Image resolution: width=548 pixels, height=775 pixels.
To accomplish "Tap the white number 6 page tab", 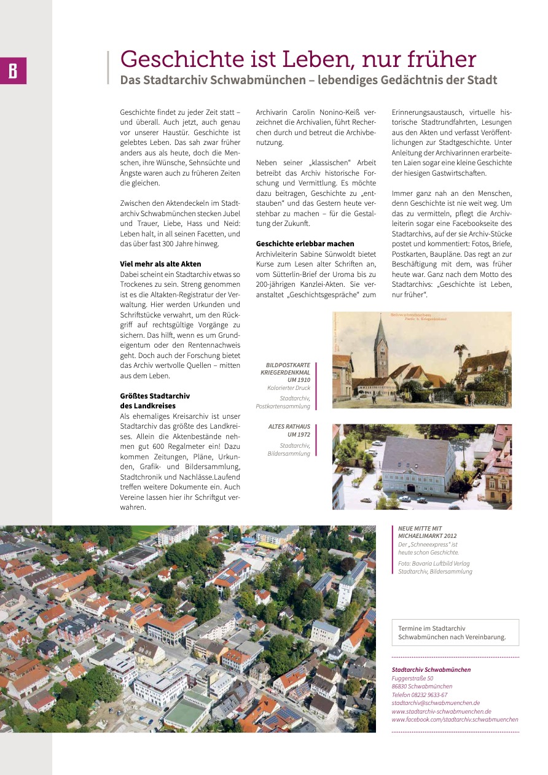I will point(13,71).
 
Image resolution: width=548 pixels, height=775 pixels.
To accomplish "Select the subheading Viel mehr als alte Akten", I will point(160,264).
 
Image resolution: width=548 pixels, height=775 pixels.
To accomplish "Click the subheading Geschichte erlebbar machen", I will point(305,244).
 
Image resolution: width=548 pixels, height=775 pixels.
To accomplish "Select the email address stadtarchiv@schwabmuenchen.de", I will point(436,703).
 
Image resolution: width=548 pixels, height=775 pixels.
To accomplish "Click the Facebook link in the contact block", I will point(455,719).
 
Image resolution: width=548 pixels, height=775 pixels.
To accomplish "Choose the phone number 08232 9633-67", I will point(419,695).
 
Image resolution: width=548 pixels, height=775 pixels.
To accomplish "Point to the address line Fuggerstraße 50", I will point(412,678).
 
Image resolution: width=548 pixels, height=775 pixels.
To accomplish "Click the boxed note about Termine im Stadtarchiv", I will point(455,633).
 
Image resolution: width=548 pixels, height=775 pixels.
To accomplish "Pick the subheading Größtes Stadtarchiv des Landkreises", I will point(155,400).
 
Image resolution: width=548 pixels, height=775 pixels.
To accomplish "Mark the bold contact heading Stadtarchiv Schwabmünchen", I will point(431,669).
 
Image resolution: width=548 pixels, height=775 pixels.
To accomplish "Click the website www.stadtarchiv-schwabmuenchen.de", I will point(441,711).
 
